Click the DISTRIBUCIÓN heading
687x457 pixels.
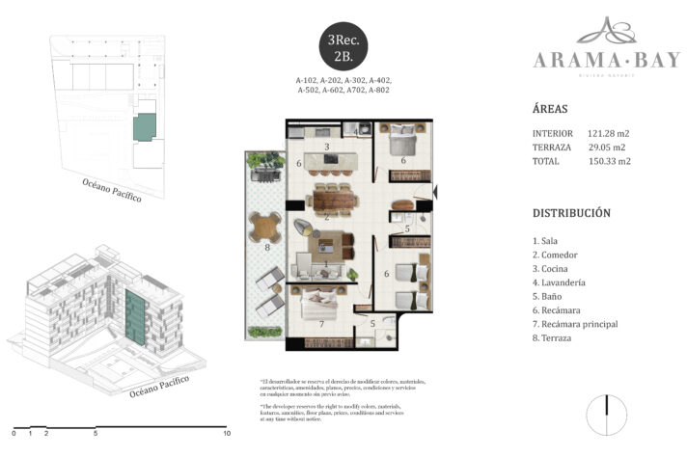571,212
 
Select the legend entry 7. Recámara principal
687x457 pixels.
575,324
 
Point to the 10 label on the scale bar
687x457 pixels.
227,434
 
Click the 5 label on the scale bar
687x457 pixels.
96,434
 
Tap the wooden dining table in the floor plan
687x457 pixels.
328,202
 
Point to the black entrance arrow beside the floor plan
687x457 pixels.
436,193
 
